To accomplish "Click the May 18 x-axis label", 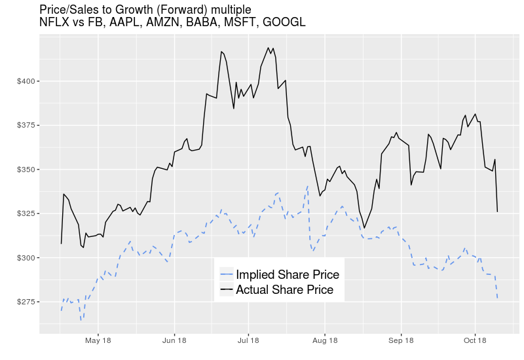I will coord(98,340).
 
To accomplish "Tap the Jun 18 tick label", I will coord(174,340).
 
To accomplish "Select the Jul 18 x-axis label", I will coord(248,340).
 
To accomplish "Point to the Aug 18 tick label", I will coord(325,340).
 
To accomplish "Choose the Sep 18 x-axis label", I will coord(401,340).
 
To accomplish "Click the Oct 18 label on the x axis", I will coord(475,340).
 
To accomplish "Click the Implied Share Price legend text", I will coord(288,274).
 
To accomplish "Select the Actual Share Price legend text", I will coord(284,289).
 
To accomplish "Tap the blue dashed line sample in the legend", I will coord(227,274).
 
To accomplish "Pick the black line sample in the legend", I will coord(227,289).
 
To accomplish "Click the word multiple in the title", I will coord(229,10).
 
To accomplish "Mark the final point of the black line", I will coord(498,211).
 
